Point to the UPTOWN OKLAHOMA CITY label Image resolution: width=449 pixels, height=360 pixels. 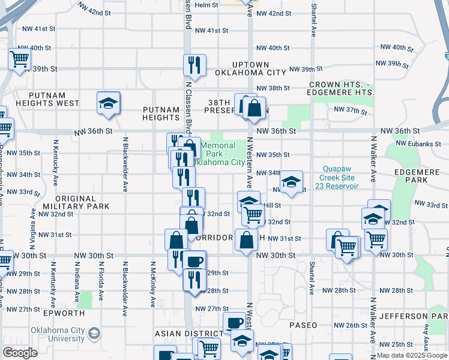pyautogui.click(x=250, y=68)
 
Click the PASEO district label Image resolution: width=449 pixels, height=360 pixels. pyautogui.click(x=303, y=325)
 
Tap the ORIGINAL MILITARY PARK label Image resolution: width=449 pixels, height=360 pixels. pyautogui.click(x=75, y=202)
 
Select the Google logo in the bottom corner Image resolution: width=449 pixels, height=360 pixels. pyautogui.click(x=20, y=353)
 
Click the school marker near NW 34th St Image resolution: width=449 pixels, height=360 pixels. pyautogui.click(x=291, y=182)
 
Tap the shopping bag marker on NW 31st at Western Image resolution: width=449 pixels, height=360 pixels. pyautogui.click(x=247, y=241)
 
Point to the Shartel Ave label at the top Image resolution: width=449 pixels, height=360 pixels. pyautogui.click(x=313, y=20)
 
